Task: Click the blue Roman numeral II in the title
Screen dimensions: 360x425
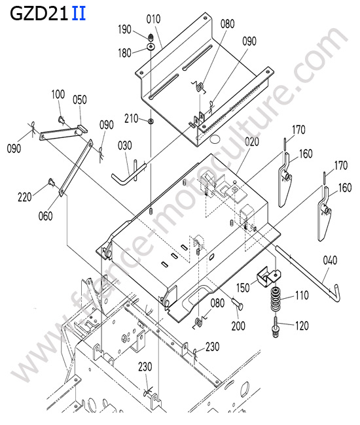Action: [79, 14]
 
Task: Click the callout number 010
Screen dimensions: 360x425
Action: [153, 19]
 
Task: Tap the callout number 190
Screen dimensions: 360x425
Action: [124, 29]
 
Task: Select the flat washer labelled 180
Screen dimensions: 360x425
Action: [151, 46]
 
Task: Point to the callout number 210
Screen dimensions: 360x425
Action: [132, 119]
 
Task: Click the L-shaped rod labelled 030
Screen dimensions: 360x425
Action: [128, 173]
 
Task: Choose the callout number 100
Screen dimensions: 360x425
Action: [58, 95]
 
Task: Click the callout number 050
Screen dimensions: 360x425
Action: [80, 100]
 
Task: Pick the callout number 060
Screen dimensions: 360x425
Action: [46, 216]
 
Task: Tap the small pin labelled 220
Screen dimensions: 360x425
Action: [51, 182]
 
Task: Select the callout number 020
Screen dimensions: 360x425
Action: [252, 142]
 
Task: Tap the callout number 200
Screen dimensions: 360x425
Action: [238, 326]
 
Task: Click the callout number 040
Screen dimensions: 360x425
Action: [330, 260]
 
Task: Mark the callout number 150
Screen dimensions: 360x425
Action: [243, 288]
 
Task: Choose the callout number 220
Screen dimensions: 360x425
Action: [25, 197]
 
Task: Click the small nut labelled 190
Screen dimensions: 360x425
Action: [151, 37]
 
